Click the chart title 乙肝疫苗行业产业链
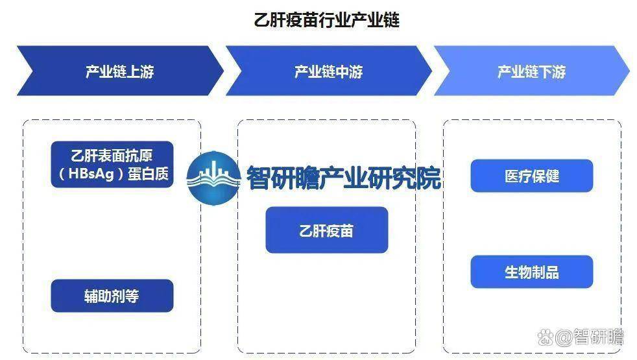coord(327,20)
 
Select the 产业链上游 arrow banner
coord(120,71)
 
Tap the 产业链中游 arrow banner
coord(328,71)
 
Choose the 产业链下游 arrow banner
coord(531,71)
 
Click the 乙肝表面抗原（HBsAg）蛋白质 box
coord(112,164)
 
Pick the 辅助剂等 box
coord(112,296)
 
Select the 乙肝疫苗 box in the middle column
coord(327,230)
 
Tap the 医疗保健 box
coord(532,176)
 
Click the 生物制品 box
coord(532,272)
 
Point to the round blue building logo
coord(214,178)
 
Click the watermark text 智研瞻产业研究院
coord(344,178)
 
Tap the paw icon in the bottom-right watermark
coord(546,337)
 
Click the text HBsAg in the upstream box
coord(91,174)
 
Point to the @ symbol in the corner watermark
coord(564,338)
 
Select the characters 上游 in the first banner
coord(141,72)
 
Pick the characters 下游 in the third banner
coord(552,72)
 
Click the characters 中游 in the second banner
coord(350,72)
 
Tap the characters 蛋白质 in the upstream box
coord(149,174)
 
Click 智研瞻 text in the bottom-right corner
coord(598,337)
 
